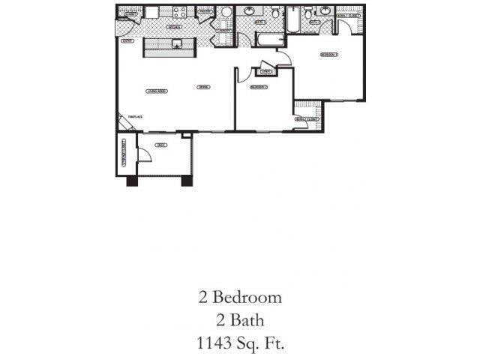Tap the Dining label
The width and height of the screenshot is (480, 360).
[202, 88]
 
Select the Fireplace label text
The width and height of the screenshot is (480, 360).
[135, 117]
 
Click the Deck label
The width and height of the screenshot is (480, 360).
[160, 145]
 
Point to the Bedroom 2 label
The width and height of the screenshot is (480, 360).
[259, 88]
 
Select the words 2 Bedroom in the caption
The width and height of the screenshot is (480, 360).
[240, 297]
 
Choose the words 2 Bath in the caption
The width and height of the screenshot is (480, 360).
[240, 320]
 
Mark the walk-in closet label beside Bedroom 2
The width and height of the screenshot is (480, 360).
[307, 119]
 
